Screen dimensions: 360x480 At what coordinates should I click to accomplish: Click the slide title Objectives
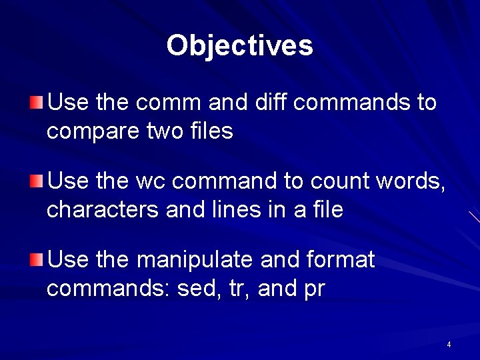point(239,46)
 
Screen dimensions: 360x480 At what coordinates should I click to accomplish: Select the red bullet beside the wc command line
point(36,181)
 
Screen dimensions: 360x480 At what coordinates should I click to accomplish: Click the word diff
point(265,103)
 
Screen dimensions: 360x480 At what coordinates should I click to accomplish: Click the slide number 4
point(449,345)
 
